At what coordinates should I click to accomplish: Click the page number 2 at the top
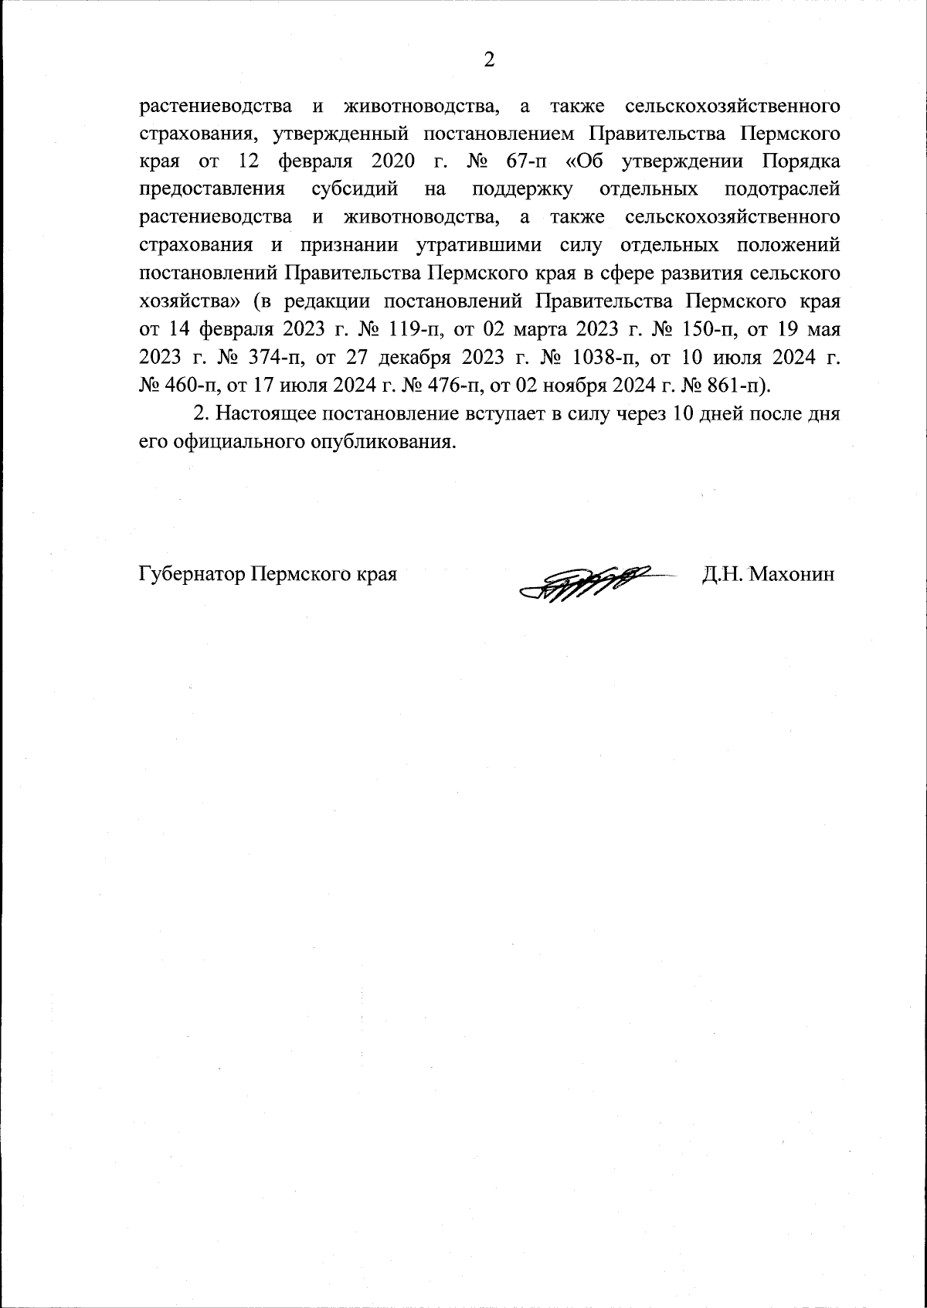click(x=488, y=60)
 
